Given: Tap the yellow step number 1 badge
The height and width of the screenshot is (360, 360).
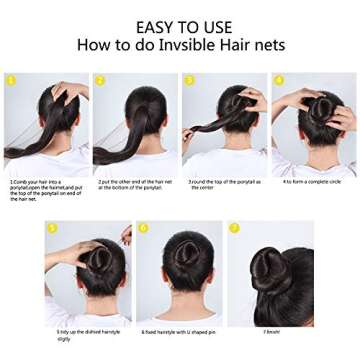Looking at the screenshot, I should click(x=11, y=80).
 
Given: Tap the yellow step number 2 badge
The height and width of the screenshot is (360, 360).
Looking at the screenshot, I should click(x=100, y=80).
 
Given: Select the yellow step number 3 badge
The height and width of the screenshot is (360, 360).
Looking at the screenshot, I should click(x=189, y=80).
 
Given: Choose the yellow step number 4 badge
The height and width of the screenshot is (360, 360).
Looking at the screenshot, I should click(x=278, y=80).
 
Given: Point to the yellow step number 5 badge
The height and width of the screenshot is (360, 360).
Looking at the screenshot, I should click(x=51, y=228).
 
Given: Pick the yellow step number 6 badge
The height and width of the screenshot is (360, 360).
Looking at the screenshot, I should click(x=143, y=228).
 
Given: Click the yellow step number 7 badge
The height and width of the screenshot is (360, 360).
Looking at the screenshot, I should click(x=234, y=228).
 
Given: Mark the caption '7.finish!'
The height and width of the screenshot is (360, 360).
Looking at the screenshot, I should click(x=270, y=330).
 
